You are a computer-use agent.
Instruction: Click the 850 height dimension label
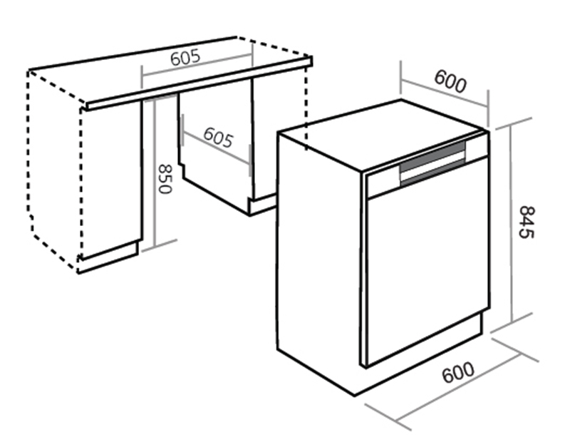click(165, 179)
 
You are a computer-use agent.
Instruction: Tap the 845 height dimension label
click(527, 222)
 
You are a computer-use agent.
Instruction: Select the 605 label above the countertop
click(185, 58)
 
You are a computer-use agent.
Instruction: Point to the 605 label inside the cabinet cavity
click(218, 137)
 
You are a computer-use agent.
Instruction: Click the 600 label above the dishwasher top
click(450, 81)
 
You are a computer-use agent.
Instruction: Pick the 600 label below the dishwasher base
click(458, 372)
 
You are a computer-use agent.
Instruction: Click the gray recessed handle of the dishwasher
click(432, 164)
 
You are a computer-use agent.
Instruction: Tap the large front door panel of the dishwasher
click(428, 261)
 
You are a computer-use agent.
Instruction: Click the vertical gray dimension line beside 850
click(154, 173)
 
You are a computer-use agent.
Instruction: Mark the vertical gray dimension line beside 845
click(511, 223)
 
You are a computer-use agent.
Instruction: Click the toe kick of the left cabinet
click(108, 257)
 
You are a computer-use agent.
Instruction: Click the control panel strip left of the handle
click(383, 183)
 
